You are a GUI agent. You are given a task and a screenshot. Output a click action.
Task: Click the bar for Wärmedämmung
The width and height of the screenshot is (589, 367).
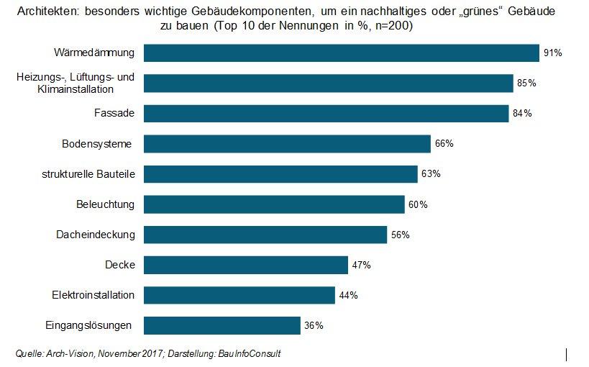coord(342,53)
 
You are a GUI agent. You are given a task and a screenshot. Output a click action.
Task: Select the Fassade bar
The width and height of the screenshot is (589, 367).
coord(327,114)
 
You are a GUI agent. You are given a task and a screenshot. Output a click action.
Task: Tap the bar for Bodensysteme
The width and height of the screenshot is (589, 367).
coord(287,144)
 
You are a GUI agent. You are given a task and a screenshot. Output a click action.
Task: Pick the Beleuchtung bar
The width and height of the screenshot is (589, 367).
coord(274,204)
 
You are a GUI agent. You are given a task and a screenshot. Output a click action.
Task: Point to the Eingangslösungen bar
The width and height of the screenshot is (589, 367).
coord(222,325)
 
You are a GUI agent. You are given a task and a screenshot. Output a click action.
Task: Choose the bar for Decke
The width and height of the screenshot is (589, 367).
coord(246,265)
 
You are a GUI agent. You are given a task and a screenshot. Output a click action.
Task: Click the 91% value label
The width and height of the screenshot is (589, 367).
coord(552,53)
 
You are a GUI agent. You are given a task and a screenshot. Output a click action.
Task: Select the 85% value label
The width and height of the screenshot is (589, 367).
coord(526,83)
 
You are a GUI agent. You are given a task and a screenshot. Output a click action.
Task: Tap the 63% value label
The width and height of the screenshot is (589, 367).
coord(431,174)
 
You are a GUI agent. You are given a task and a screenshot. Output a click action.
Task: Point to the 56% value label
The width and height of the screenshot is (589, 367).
coord(401,235)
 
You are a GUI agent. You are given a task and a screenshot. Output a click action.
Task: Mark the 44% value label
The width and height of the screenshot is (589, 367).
coord(349,295)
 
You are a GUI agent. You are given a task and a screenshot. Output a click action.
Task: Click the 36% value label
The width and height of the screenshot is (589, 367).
coord(314,325)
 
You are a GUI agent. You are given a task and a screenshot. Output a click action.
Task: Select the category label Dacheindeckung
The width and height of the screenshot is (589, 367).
coord(95,235)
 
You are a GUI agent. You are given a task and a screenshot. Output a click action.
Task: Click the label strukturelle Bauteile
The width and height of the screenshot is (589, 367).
coord(89,174)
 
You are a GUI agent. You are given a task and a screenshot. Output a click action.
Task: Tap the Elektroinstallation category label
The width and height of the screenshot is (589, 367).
coord(93,295)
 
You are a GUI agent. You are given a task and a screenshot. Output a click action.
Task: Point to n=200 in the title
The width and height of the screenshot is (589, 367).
coord(393,26)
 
